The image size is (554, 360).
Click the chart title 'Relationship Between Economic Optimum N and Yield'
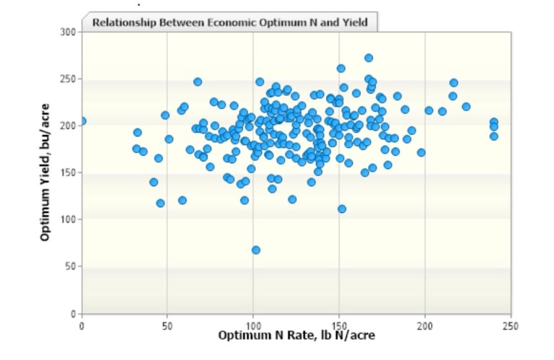point(229,22)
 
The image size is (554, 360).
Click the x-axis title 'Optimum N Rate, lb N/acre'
point(296,336)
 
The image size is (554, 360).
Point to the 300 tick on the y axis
point(70,32)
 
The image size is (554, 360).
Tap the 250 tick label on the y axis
point(70,79)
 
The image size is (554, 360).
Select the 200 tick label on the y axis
point(70,126)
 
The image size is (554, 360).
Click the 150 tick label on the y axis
point(70,173)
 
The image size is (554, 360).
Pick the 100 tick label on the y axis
point(70,220)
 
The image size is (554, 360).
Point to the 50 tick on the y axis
point(72,267)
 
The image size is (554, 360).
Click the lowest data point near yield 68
point(256,250)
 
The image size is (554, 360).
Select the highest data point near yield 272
point(369,58)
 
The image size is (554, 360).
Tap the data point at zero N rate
point(82,121)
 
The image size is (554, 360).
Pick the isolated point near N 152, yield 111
point(342,209)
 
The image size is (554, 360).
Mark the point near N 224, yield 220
point(466,107)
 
